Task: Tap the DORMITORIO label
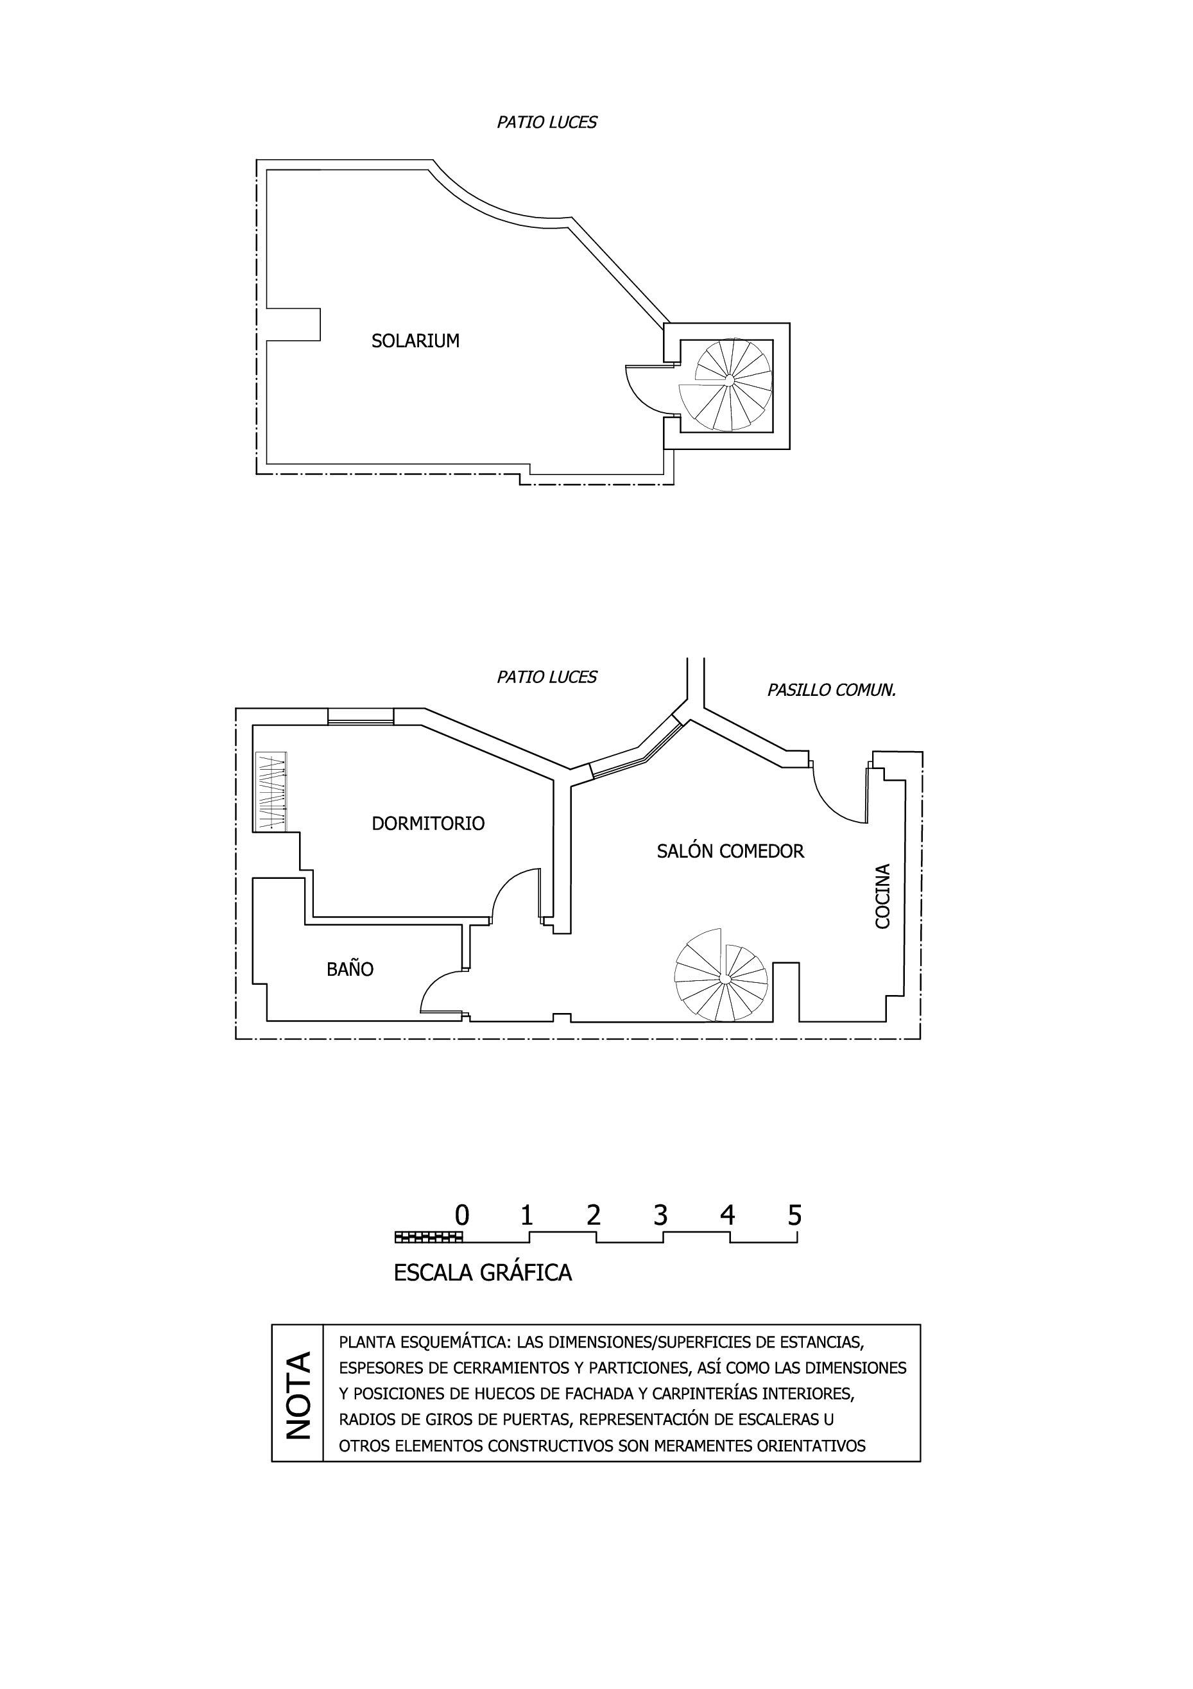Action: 428,823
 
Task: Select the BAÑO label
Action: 350,968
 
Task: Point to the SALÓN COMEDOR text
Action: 730,851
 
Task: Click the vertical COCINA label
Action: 882,896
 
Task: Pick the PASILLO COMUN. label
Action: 832,690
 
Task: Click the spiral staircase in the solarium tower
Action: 726,385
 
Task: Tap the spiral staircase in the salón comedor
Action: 721,975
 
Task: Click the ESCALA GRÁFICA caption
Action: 483,1272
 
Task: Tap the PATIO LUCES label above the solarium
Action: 547,122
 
